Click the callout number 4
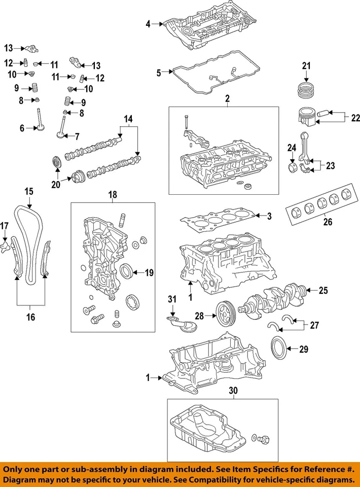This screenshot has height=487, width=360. pos(148,23)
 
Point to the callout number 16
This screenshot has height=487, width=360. pos(30,317)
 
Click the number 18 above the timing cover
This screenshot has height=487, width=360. pos(112,194)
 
